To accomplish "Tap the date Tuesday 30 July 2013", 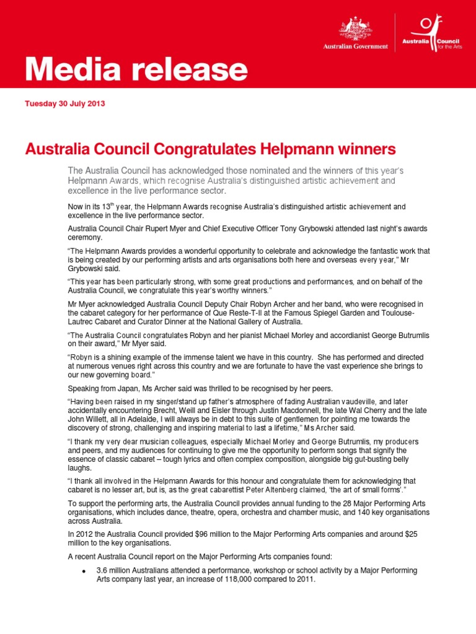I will [65, 103].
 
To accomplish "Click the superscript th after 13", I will [110, 204].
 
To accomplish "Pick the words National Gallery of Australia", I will [342, 321].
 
